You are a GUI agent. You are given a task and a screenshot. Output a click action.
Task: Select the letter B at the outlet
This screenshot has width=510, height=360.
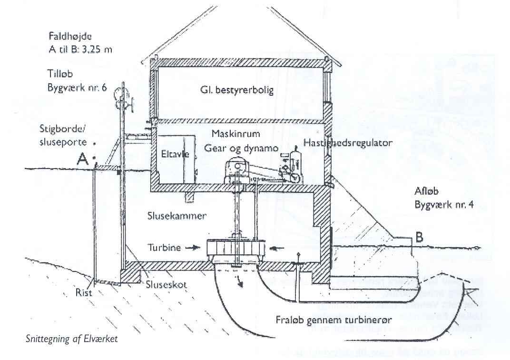click(419, 237)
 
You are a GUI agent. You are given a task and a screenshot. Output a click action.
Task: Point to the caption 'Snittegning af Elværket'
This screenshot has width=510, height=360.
click(71, 339)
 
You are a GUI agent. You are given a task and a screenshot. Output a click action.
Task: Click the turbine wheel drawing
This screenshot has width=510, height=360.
click(235, 249)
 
